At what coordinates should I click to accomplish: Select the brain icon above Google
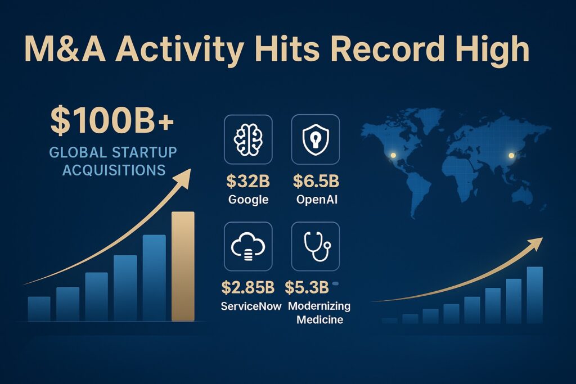248,139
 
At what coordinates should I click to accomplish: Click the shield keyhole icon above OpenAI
315,139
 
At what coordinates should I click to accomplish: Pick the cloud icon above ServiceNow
248,246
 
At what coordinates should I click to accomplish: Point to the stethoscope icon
315,246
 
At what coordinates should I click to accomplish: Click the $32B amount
248,182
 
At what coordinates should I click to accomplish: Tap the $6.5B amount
316,182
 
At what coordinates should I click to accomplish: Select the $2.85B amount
248,288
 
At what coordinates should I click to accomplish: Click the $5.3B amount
307,288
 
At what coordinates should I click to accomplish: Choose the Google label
248,199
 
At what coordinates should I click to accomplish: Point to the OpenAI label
316,199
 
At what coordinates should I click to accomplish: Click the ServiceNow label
248,306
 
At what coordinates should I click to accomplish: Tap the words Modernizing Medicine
319,313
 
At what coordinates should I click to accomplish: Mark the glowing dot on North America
393,155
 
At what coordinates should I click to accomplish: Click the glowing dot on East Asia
511,156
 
